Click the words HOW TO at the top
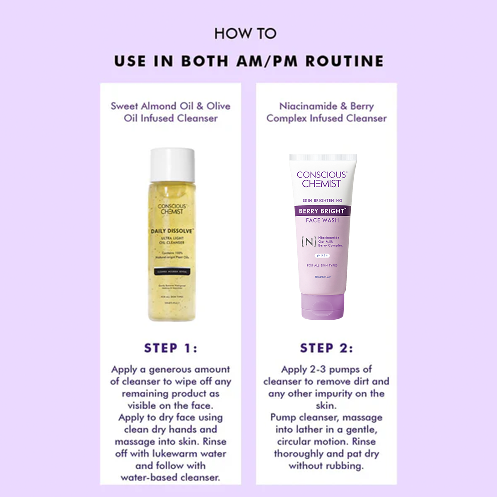coord(245,34)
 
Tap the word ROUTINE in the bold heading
coord(345,61)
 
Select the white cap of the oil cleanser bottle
coord(172,164)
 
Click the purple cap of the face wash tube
coord(323,306)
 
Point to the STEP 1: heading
coord(171,348)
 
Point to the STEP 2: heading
coord(326,348)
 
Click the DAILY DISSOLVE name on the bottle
coord(172,231)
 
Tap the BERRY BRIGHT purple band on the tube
coord(322,211)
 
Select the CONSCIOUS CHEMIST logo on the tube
coord(322,179)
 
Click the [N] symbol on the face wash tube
coord(309,241)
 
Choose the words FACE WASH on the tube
coord(322,220)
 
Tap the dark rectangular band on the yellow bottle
coord(172,272)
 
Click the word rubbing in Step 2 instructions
coord(343,466)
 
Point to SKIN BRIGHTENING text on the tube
coord(322,200)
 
